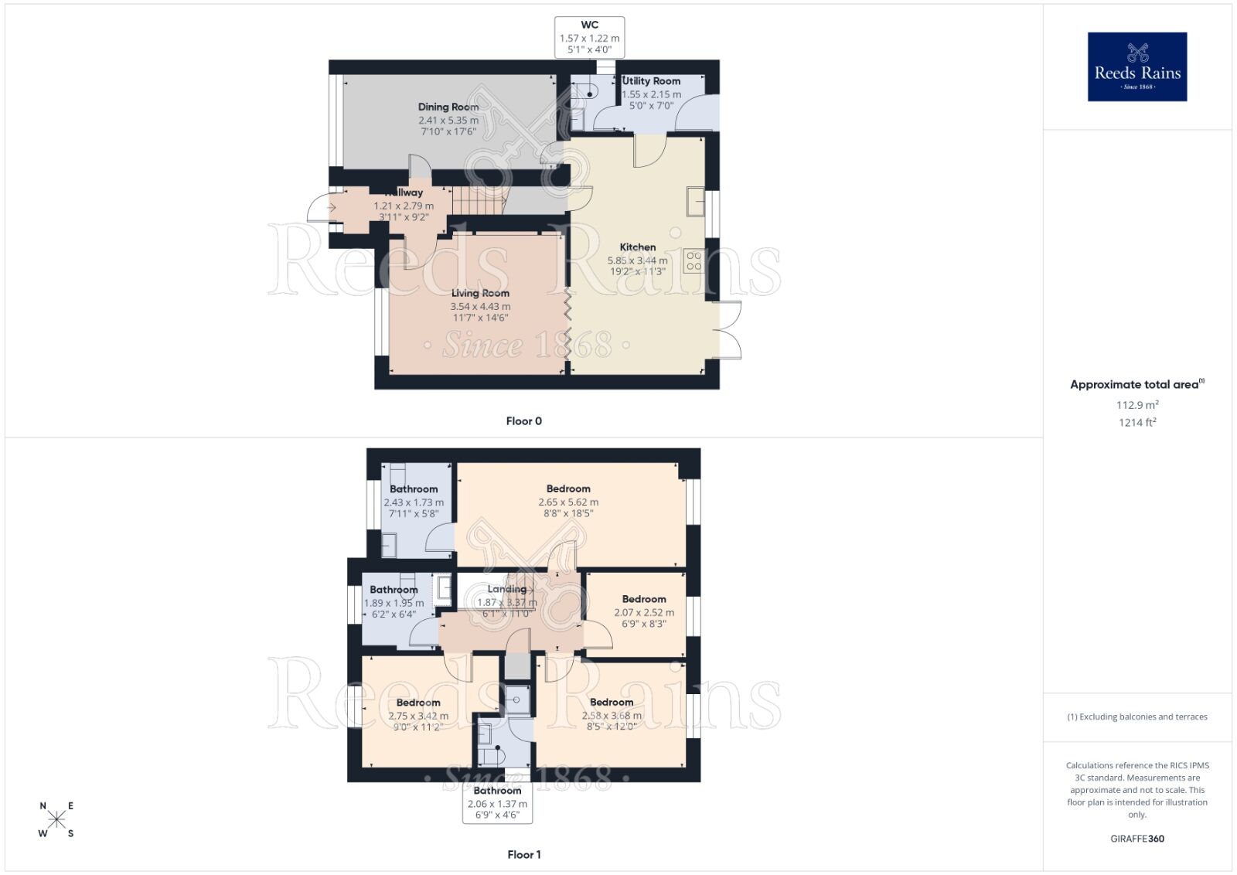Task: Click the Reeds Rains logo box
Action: (1137, 66)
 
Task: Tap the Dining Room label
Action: (448, 107)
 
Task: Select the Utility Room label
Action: (651, 81)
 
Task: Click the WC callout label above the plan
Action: (589, 25)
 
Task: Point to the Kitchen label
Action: (638, 247)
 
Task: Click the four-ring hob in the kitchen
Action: (693, 261)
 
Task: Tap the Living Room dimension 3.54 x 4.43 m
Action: (480, 306)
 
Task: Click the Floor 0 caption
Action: (523, 421)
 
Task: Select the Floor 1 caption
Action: (523, 855)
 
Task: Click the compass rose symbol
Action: (56, 819)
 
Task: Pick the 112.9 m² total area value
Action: (1137, 405)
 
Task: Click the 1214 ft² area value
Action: (1137, 422)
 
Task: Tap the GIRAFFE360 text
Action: (1137, 839)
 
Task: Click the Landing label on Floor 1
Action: (506, 589)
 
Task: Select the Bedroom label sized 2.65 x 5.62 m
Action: (568, 489)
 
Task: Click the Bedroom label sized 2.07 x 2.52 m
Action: (644, 599)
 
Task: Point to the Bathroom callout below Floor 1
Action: (497, 791)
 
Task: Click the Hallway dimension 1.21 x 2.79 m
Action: (404, 206)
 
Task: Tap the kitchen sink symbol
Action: (695, 200)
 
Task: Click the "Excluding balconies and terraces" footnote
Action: (1137, 717)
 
